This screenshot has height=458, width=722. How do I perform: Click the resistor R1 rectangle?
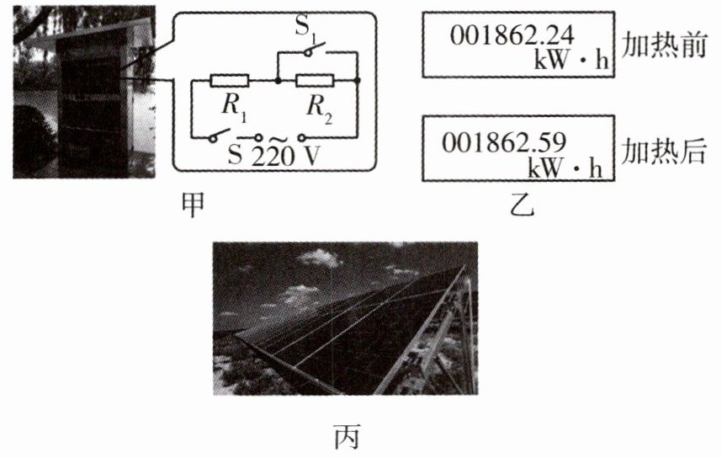click(228, 81)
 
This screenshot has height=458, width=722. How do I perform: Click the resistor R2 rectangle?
click(316, 81)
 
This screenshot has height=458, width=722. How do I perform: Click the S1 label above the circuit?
click(304, 26)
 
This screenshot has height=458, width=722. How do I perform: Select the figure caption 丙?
click(346, 438)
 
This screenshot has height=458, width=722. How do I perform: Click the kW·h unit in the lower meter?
click(565, 167)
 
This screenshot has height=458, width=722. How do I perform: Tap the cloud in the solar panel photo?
click(320, 258)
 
